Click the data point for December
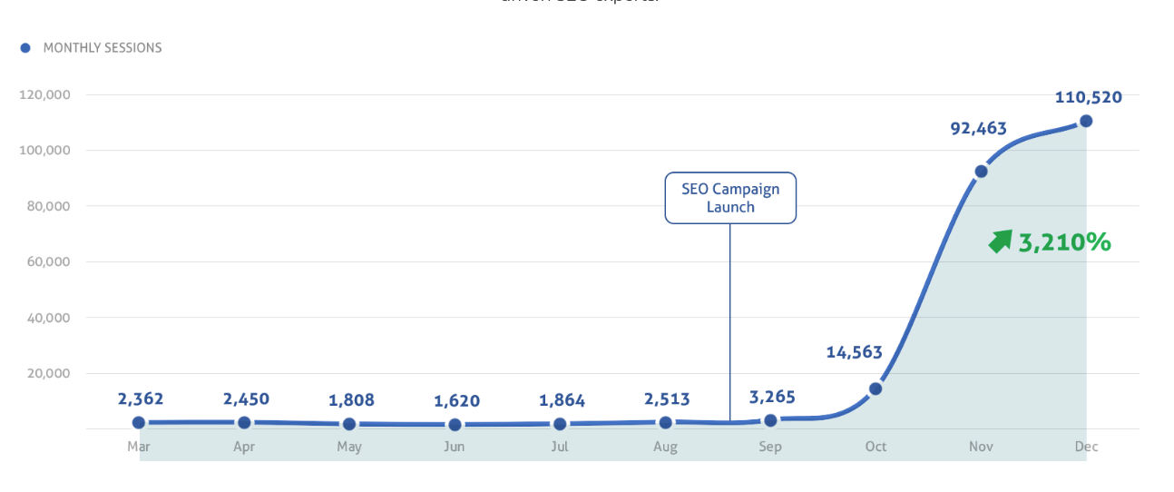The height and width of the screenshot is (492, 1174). (x=1086, y=121)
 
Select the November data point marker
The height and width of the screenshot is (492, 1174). (x=981, y=172)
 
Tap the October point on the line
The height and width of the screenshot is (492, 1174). (x=876, y=389)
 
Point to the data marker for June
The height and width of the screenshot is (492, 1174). (x=455, y=425)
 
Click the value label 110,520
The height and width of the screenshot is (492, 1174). (x=1088, y=97)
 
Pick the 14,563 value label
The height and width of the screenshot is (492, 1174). (x=854, y=352)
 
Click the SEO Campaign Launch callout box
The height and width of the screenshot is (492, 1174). (x=730, y=198)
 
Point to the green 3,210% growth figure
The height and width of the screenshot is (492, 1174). (x=1064, y=242)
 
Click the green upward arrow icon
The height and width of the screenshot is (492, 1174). (x=1000, y=241)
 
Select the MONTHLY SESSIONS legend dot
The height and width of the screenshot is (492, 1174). (x=25, y=48)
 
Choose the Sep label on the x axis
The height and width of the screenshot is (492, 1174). (x=770, y=447)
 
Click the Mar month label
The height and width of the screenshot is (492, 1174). (x=139, y=447)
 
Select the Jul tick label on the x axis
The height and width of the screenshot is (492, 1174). (x=560, y=447)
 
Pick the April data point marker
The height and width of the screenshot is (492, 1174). (x=244, y=423)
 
